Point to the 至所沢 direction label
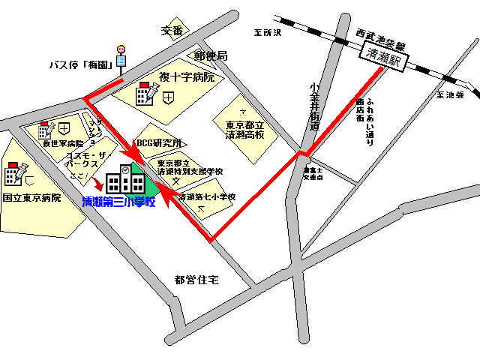tap(266, 34)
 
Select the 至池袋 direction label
tap(450, 96)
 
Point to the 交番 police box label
tap(172, 31)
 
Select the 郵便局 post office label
tap(211, 56)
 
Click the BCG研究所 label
tap(158, 142)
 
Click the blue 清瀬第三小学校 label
tap(118, 202)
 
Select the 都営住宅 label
tap(196, 280)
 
